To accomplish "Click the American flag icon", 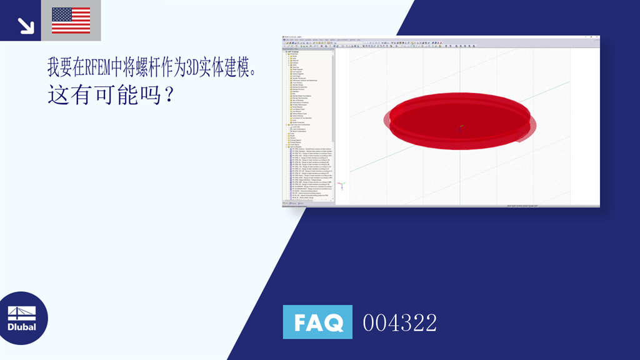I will pyautogui.click(x=71, y=20).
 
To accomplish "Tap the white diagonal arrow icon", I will pyautogui.click(x=26, y=25).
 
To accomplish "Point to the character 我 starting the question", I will pyautogui.click(x=54, y=67).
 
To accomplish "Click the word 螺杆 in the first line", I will pyautogui.click(x=154, y=67).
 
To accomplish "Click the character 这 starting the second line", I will pyautogui.click(x=58, y=95).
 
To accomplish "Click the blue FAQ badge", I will pyautogui.click(x=317, y=322).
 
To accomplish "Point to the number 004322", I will pyautogui.click(x=400, y=323).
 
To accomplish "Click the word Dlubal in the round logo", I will pyautogui.click(x=22, y=327).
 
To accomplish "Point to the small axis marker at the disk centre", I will pyautogui.click(x=461, y=127).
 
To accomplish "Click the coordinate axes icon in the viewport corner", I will pyautogui.click(x=341, y=185).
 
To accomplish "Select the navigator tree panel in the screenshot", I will pyautogui.click(x=309, y=125).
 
